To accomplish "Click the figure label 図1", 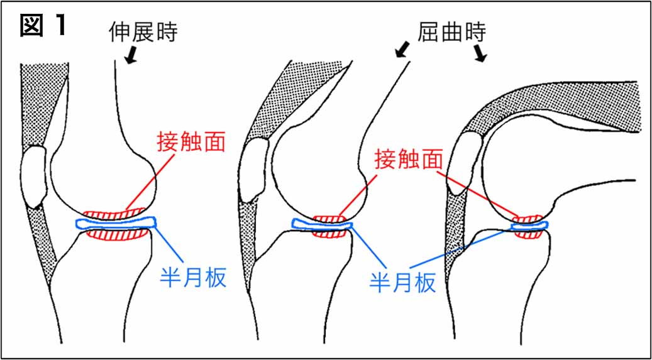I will click(43, 26).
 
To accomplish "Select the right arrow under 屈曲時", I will click(480, 53).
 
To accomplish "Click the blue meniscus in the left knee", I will click(117, 223).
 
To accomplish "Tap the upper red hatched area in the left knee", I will click(114, 214).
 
